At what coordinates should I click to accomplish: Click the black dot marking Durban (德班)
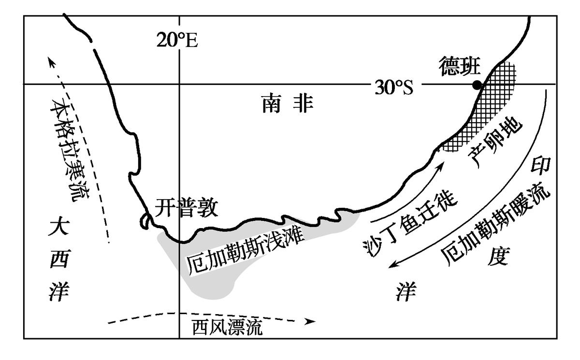[x=477, y=85]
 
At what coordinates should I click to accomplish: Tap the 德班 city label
[x=459, y=64]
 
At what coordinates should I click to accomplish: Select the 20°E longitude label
[x=177, y=41]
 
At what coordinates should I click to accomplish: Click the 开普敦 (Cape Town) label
[x=187, y=209]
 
